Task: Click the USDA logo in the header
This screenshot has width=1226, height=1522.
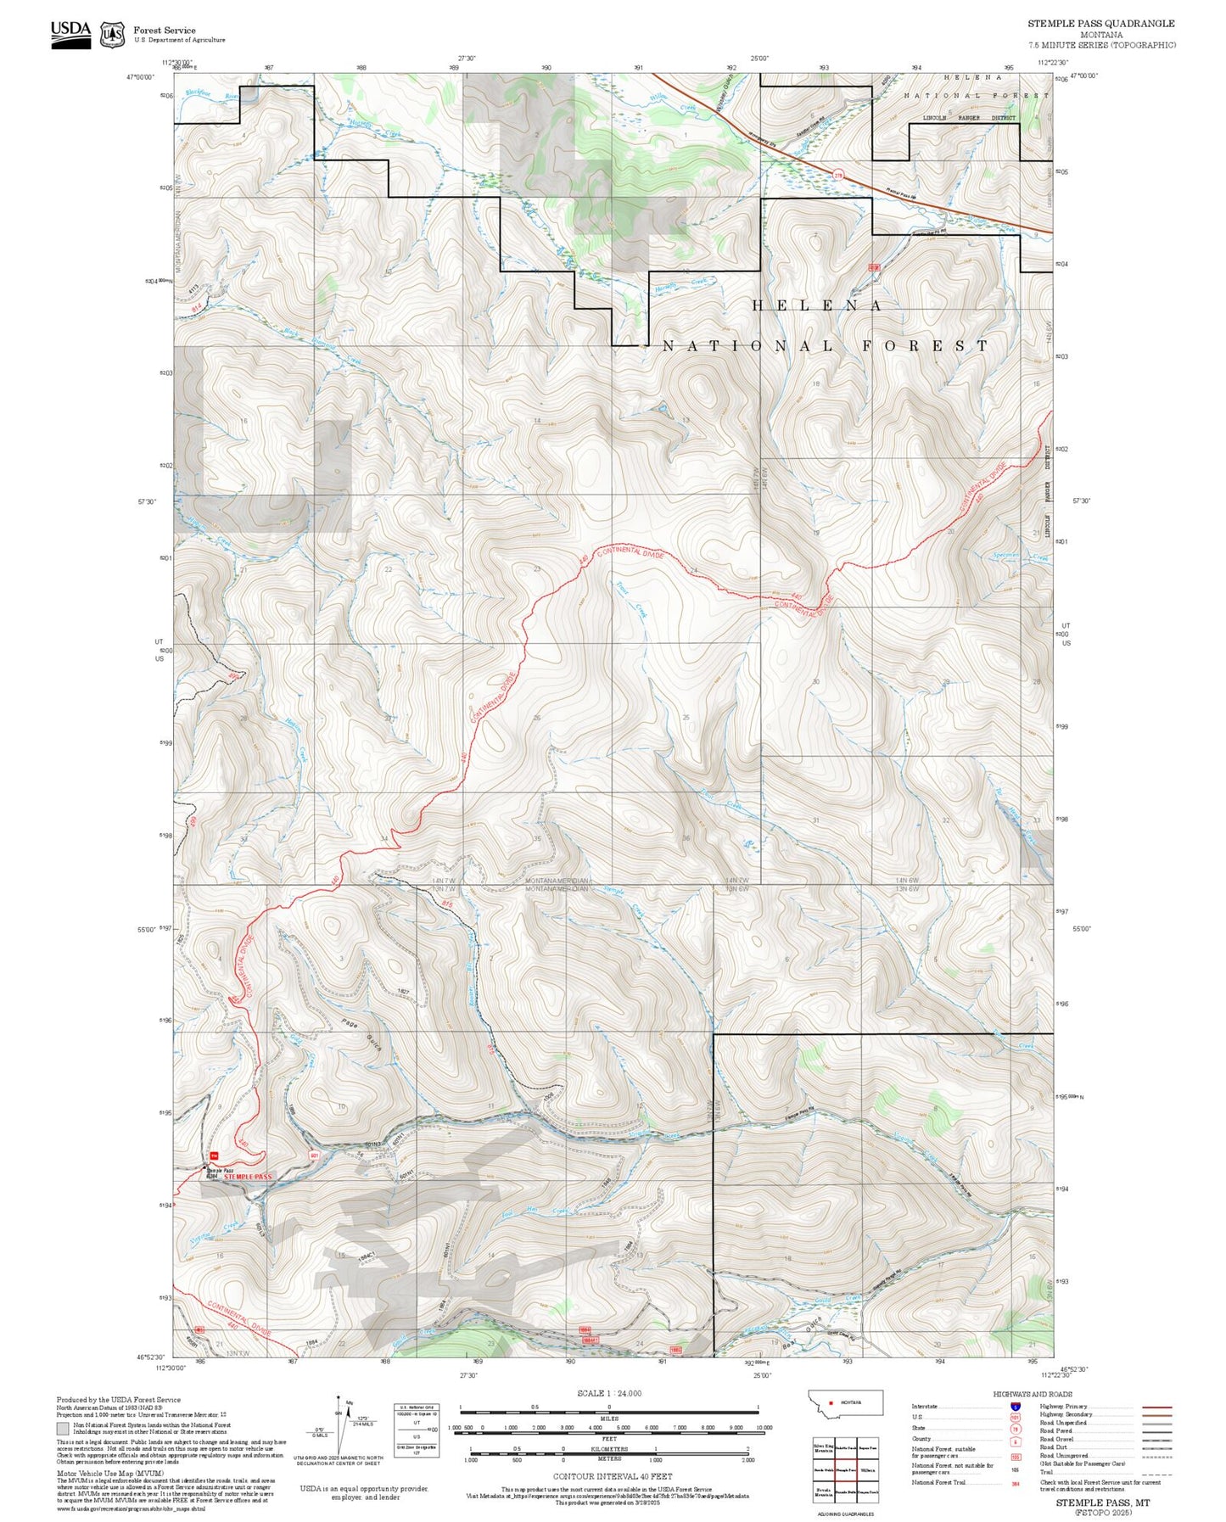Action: (70, 34)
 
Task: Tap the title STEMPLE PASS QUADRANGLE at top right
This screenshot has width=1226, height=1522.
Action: (1101, 24)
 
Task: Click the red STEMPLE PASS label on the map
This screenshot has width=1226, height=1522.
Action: (249, 1177)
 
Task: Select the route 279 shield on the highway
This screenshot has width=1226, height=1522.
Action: (838, 175)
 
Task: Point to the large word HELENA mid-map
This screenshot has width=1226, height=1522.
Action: (816, 305)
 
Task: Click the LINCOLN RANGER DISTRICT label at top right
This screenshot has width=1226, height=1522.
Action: (968, 118)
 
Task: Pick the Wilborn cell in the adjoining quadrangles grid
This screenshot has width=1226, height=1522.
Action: (868, 1470)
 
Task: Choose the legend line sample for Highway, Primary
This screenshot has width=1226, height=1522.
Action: (1157, 1407)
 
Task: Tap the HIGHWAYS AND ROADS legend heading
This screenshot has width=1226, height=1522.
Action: (1032, 1394)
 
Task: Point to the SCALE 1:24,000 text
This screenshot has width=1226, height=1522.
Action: (609, 1393)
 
